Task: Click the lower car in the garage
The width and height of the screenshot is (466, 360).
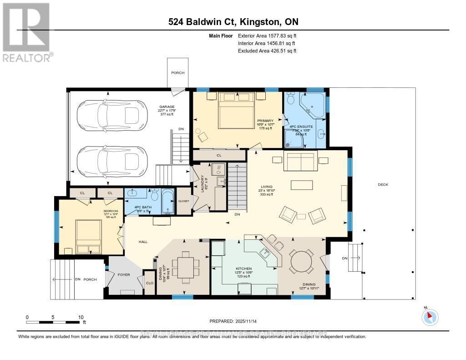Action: click(x=108, y=162)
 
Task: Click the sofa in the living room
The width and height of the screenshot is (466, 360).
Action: click(x=299, y=161)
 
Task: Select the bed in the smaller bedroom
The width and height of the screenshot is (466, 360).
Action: click(x=88, y=236)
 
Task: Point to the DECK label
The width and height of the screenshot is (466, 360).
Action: click(x=382, y=184)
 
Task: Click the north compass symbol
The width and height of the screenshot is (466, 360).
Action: click(x=430, y=317)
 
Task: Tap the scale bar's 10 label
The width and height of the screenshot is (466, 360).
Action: click(x=81, y=317)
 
